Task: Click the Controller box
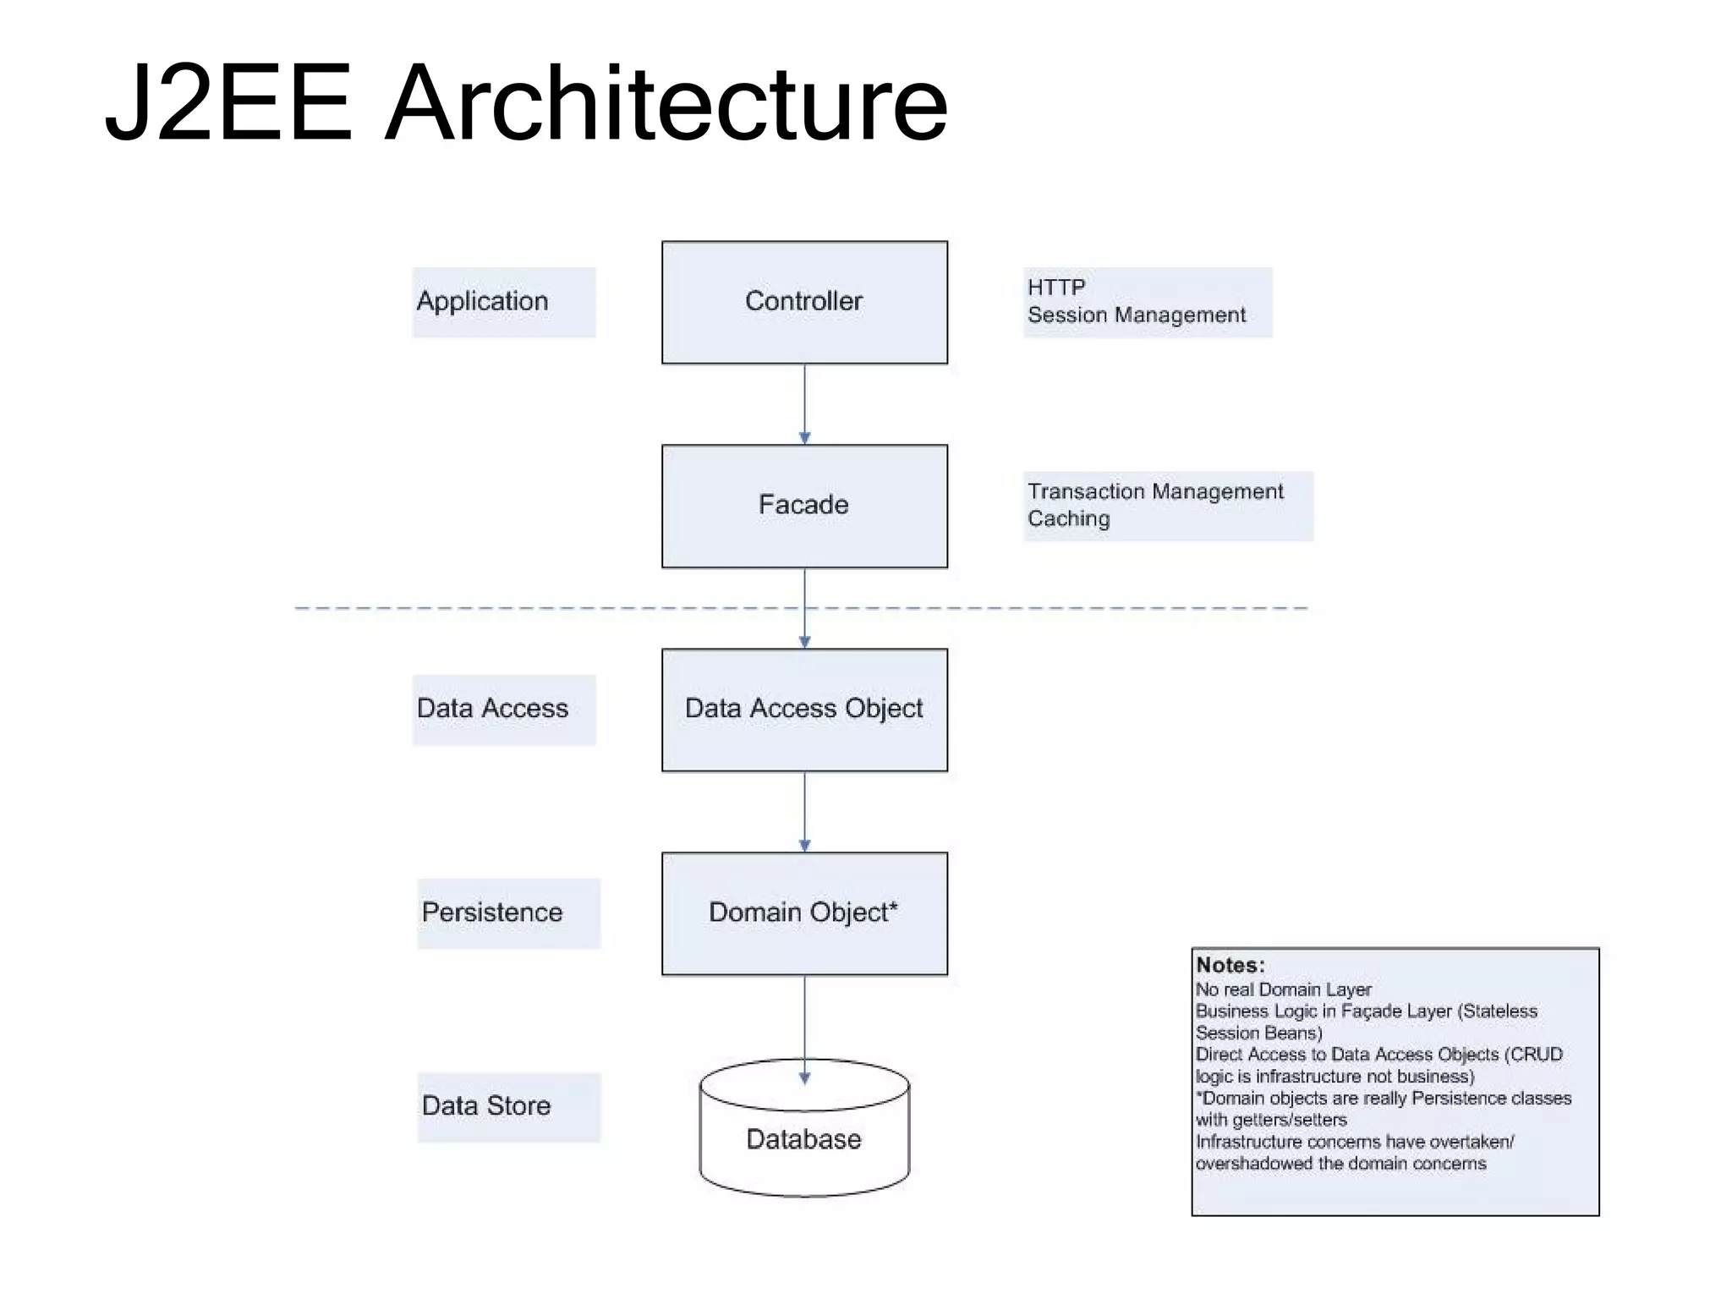click(x=804, y=302)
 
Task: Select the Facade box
click(x=804, y=506)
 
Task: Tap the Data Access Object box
click(x=804, y=710)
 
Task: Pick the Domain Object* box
click(x=804, y=913)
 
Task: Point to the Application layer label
click(x=483, y=301)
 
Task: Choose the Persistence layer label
click(x=492, y=913)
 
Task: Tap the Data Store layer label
click(x=486, y=1106)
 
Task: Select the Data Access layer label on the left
click(x=492, y=709)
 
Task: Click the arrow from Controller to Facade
click(x=804, y=404)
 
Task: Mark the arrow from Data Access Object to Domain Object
click(x=804, y=812)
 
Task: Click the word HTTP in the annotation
click(x=1056, y=288)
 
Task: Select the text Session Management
click(x=1137, y=315)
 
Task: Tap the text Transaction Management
click(x=1155, y=491)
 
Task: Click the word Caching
click(x=1069, y=519)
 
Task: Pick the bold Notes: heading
click(x=1230, y=966)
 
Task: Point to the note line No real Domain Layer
click(x=1283, y=989)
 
